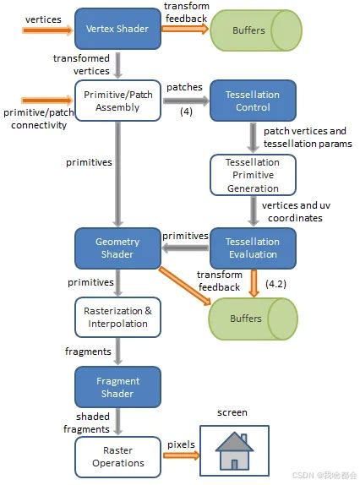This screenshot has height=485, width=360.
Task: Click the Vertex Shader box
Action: (x=117, y=29)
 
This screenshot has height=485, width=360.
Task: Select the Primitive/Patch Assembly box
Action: (x=117, y=102)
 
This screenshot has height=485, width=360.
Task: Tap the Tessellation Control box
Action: (x=253, y=102)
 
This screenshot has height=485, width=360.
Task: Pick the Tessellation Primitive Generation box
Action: (x=253, y=175)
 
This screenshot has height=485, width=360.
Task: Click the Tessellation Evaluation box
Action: (x=253, y=248)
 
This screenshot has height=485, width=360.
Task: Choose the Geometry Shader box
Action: (x=117, y=248)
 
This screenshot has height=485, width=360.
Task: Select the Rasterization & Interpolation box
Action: (x=117, y=317)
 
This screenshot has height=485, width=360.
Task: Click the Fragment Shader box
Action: (x=117, y=387)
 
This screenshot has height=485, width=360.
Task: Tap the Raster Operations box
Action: (x=117, y=456)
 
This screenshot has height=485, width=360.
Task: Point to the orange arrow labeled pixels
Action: (x=181, y=456)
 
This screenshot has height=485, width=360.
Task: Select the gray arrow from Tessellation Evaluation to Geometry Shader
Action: (x=185, y=248)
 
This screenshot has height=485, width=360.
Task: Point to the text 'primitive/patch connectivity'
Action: (x=35, y=119)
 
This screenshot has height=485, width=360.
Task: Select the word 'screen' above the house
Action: (x=232, y=412)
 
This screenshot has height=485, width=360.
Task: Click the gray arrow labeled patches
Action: (x=183, y=101)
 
